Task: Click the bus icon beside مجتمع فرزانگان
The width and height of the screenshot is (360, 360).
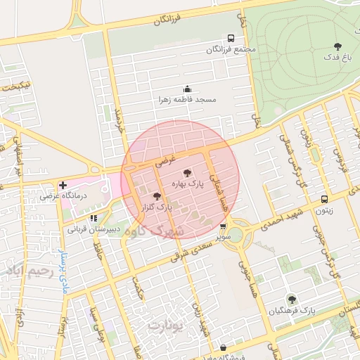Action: [x=231, y=39]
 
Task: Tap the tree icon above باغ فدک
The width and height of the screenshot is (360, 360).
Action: [x=338, y=46]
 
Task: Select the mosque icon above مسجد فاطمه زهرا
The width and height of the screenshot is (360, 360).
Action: [x=187, y=89]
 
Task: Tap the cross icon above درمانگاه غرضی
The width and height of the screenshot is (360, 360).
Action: [x=63, y=185]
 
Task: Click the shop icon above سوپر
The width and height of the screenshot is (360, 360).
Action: [x=223, y=227]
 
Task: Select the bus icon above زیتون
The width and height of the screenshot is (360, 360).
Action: [x=324, y=199]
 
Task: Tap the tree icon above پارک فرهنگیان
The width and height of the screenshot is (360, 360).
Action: [x=291, y=299]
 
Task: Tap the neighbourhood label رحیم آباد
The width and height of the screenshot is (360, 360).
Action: [x=29, y=270]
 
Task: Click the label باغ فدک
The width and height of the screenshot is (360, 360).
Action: [x=337, y=57]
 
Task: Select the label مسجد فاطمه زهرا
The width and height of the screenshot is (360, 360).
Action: [x=188, y=100]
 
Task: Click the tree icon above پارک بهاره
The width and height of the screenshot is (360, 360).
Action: [x=186, y=172]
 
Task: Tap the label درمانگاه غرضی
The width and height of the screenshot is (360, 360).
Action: [x=63, y=196]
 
